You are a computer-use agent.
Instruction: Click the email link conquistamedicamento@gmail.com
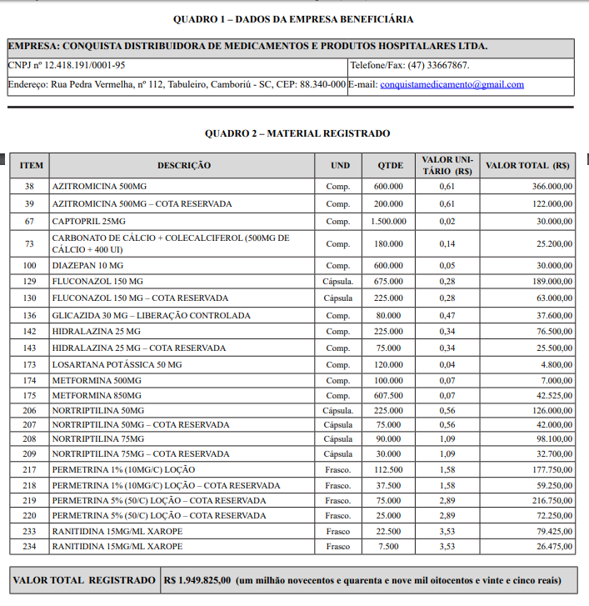[452, 84]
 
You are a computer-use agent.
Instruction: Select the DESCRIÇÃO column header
[183, 165]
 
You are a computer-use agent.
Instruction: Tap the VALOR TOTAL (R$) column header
[527, 165]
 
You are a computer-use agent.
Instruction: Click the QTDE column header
[389, 165]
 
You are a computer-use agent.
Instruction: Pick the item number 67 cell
[30, 221]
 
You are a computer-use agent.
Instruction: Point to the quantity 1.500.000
[388, 221]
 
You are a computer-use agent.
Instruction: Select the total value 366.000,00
[552, 186]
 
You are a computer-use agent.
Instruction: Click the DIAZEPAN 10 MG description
[87, 264]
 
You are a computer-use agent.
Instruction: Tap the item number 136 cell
[30, 315]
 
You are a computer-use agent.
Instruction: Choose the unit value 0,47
[447, 315]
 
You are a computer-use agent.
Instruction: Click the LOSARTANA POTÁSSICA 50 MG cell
[117, 364]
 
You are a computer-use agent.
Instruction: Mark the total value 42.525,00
[552, 395]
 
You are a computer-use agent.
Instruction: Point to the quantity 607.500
[388, 395]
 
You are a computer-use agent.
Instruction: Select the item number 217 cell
[30, 469]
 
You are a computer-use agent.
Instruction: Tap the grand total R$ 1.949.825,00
[197, 580]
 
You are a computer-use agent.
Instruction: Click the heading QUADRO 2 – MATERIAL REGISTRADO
[297, 133]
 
